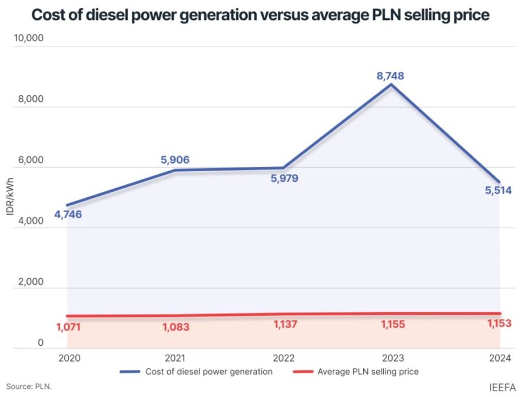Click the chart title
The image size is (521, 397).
coord(260,15)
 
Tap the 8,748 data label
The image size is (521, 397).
coord(391,76)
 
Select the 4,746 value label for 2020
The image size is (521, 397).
coord(68,215)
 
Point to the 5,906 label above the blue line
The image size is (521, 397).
coord(175,159)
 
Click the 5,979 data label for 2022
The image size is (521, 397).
coord(284,178)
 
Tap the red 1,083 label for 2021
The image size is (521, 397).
coord(176,327)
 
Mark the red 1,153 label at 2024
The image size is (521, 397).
coord(498,323)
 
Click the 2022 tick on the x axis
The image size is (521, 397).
coord(283,357)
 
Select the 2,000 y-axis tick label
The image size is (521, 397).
coord(29,282)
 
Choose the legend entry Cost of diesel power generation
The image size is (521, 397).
coord(196,372)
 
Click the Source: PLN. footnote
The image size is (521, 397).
coord(29,386)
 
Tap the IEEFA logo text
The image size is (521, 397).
coord(502,388)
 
